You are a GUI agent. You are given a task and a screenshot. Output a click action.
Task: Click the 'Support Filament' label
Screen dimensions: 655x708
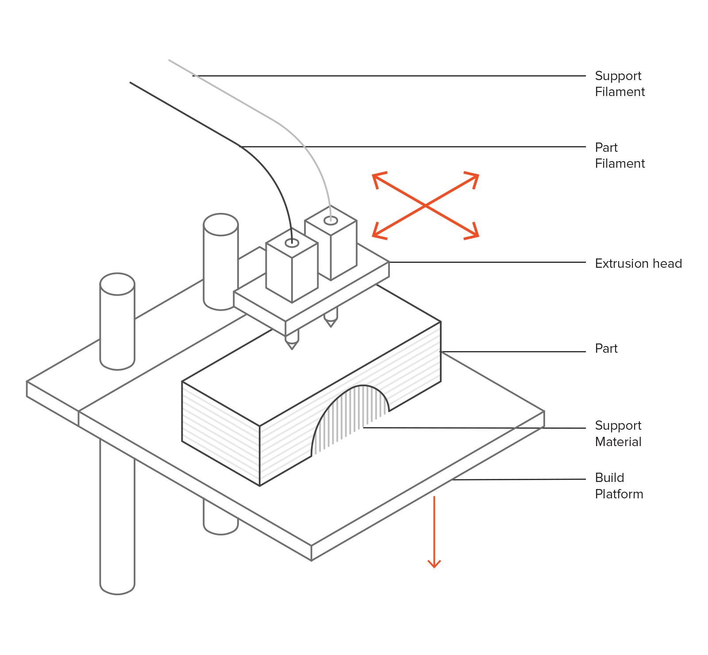point(619,84)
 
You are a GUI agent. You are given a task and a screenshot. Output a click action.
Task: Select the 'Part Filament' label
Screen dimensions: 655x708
point(619,155)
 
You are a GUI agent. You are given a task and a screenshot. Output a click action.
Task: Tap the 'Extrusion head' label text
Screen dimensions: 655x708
point(638,263)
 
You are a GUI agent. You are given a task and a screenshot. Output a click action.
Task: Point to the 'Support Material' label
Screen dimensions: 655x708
point(618,433)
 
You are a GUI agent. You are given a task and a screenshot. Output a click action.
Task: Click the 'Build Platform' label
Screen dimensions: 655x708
point(619,485)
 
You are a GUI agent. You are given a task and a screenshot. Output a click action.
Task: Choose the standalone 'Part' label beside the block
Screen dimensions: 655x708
point(606,348)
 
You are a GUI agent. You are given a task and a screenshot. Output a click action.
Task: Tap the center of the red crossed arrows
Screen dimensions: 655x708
point(425,206)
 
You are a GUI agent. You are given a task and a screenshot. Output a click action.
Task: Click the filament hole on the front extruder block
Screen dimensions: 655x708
point(292,243)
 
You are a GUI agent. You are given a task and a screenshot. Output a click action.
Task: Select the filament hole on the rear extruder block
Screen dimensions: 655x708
point(331,220)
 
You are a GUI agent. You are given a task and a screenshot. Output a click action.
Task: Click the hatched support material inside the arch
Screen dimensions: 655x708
point(350,416)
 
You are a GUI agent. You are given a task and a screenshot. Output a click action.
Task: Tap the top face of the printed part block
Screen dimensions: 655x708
point(310,354)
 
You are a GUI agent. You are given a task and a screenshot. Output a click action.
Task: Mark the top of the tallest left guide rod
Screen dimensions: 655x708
point(117,284)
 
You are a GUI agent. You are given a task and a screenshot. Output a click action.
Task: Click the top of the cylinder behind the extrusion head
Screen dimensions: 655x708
point(221,224)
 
